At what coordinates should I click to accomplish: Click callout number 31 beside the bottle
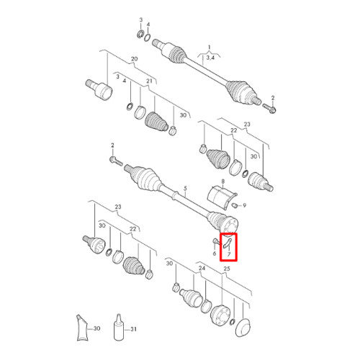133,329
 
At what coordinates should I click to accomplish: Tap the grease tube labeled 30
82,328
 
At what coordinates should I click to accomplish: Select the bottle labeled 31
118,327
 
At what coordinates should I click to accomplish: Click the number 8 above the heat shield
223,181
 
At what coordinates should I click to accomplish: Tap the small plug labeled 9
235,205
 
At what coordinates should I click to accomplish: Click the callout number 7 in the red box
229,254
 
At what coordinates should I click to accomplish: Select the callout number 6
215,253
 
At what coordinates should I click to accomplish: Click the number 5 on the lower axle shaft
185,189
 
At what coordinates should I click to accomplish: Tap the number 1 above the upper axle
209,48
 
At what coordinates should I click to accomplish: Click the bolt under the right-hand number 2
269,108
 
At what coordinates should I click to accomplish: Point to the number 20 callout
135,59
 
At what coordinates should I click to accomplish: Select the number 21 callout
149,81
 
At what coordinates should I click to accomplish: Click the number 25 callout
227,269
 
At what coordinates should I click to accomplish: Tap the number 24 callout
202,268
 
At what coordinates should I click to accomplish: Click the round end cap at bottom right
243,328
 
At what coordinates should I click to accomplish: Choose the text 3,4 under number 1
210,58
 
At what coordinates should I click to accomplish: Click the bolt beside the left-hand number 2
116,161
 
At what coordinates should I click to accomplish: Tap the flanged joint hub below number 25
220,315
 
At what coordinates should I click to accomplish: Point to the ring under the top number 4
148,37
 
